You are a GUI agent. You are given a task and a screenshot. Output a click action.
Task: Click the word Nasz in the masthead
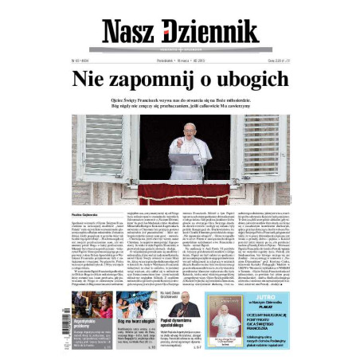click(x=132, y=31)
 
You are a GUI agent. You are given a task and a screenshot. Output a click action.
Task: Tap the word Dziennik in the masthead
click(x=211, y=31)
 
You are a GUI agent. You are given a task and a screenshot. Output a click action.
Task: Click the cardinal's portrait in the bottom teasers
click(x=186, y=307)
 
